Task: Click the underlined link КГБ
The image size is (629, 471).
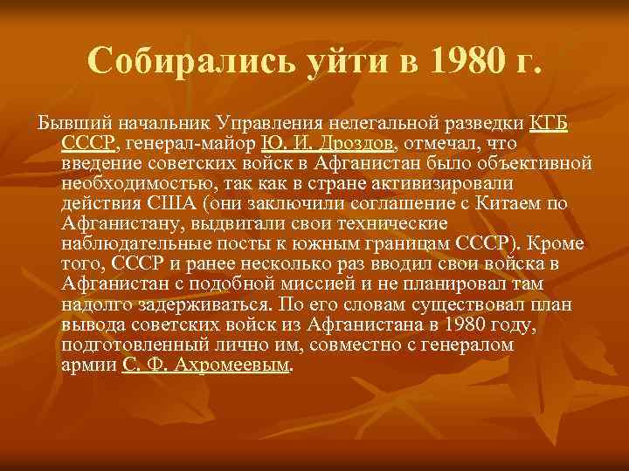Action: point(550,123)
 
